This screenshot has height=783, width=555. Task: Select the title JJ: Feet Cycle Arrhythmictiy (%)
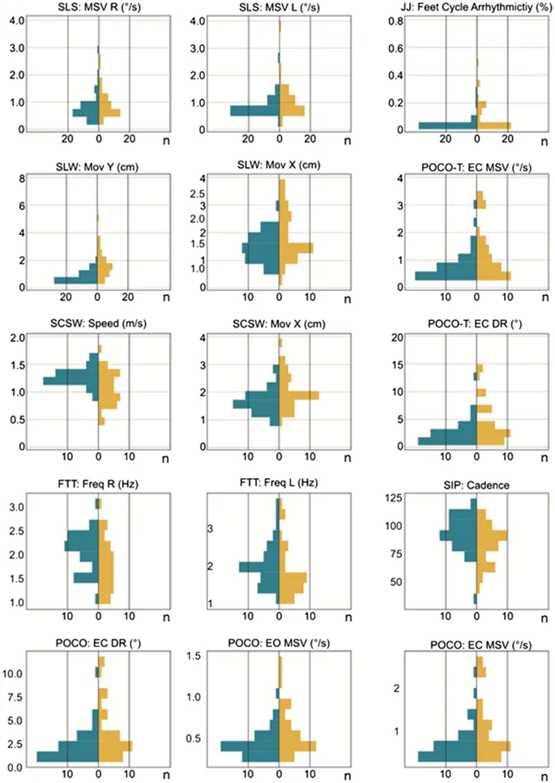(464, 7)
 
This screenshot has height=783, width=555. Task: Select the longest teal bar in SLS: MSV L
(254, 110)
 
